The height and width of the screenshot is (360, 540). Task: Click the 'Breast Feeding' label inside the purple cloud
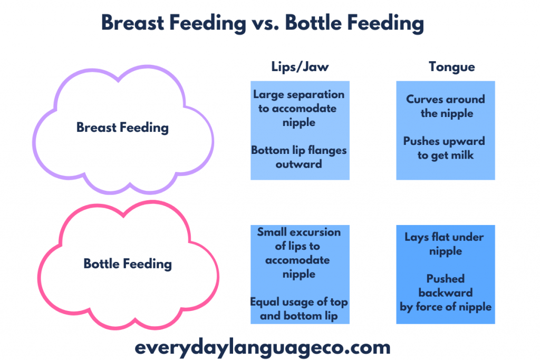(122, 128)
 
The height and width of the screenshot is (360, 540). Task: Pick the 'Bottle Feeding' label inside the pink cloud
(128, 263)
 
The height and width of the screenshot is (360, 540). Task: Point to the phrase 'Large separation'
(298, 95)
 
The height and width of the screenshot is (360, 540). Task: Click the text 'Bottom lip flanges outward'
(298, 157)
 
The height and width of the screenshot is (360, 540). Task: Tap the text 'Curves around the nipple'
(446, 106)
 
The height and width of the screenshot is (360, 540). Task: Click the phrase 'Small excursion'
(298, 232)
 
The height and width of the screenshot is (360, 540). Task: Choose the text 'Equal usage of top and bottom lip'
(298, 309)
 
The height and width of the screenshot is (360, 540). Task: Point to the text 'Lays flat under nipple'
(445, 244)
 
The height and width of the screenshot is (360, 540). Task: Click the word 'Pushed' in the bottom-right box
(446, 279)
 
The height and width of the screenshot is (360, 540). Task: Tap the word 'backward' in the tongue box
(446, 293)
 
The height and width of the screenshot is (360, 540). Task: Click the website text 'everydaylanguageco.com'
(262, 347)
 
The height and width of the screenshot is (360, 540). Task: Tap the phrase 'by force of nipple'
(446, 307)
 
